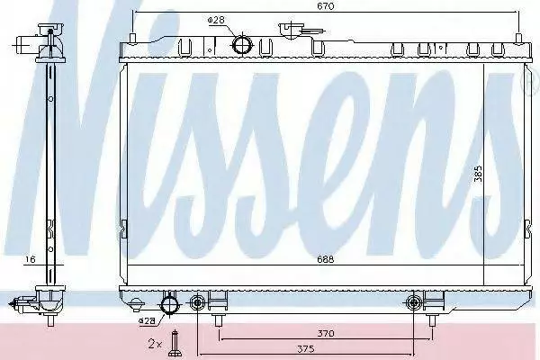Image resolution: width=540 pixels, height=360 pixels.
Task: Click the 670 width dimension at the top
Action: [326, 6]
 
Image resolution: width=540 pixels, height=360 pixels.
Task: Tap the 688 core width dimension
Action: [326, 259]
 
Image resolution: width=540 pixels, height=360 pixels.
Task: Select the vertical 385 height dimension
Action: [478, 174]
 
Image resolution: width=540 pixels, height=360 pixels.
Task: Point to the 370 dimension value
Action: [326, 333]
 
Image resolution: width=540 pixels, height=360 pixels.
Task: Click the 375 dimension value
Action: [305, 348]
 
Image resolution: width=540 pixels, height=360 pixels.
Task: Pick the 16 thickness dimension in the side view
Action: [31, 259]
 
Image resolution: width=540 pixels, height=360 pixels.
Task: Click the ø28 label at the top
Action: [216, 21]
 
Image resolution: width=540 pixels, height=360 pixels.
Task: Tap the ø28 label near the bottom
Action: [147, 321]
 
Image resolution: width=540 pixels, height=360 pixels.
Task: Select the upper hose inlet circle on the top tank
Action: [242, 45]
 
